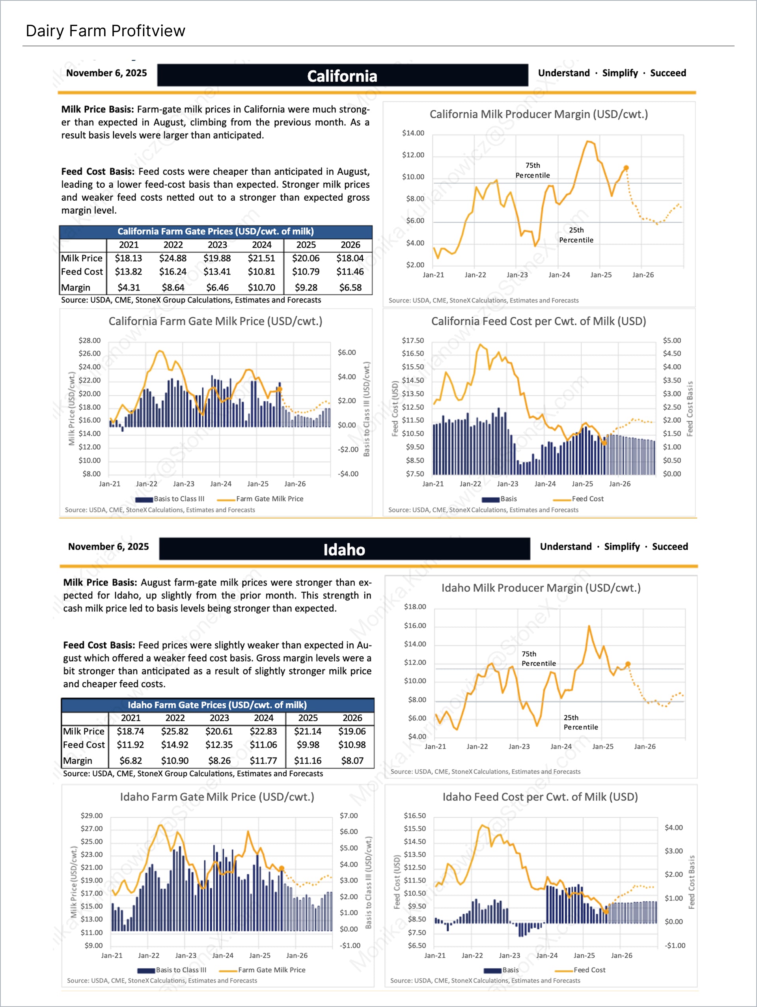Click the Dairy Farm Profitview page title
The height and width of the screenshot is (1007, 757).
click(x=105, y=31)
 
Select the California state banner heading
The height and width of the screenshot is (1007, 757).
click(x=342, y=76)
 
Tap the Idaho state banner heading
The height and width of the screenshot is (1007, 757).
click(x=344, y=550)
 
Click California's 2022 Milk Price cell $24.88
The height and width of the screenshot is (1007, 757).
click(x=173, y=258)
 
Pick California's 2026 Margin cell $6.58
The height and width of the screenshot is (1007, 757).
click(x=350, y=288)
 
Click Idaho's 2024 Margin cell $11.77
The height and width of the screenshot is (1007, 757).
click(x=263, y=761)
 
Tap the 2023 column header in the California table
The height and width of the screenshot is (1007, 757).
click(x=217, y=245)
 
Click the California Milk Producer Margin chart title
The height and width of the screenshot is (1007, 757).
click(x=539, y=114)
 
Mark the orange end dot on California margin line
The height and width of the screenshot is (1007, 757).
click(x=626, y=168)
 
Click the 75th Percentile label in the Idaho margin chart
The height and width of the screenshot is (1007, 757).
click(x=538, y=659)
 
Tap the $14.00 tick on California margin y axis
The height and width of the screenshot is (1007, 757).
click(x=413, y=133)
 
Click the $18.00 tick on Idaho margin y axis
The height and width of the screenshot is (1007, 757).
click(x=415, y=606)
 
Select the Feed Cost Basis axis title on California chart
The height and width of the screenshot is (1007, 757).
click(x=690, y=408)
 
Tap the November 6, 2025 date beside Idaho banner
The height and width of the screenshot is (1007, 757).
click(x=108, y=546)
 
